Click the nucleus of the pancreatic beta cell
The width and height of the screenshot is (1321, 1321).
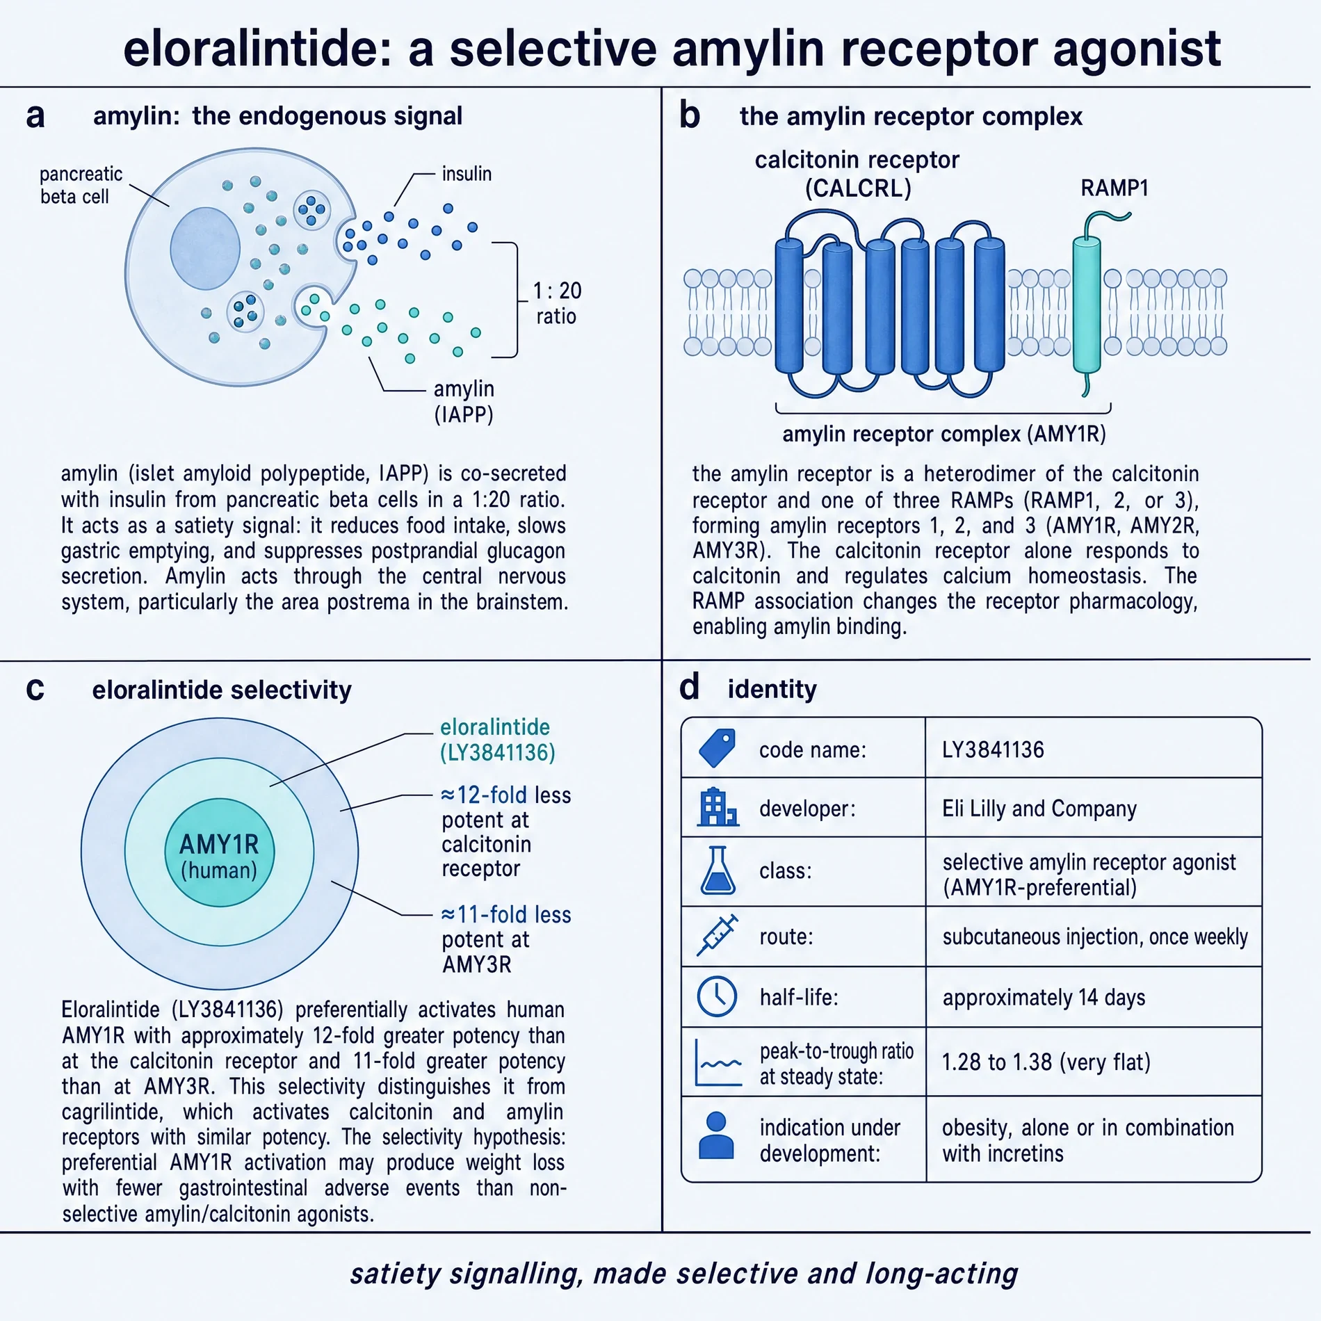[205, 248]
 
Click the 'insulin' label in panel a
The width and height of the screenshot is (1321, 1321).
[467, 174]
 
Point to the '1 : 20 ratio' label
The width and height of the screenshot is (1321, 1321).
[557, 303]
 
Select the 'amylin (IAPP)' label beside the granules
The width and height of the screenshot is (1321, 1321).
[464, 401]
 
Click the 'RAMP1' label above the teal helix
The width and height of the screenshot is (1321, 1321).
[1115, 188]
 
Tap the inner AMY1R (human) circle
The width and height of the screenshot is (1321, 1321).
[220, 852]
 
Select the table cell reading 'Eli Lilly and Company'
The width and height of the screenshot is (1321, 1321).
[1039, 809]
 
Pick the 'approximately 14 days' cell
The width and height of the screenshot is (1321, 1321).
[1044, 998]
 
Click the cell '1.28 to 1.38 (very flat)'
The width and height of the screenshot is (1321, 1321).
[1046, 1062]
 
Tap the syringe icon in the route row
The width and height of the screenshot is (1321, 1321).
[717, 936]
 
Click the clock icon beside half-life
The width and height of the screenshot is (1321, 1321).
[717, 996]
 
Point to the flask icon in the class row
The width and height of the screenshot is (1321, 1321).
[718, 870]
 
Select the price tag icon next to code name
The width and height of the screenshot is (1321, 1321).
[718, 748]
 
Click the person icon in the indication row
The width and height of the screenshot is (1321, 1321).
[716, 1135]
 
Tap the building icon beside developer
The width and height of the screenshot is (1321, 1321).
[718, 807]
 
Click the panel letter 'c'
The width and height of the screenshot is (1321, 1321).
[35, 689]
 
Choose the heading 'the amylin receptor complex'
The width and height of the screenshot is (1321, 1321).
[911, 116]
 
